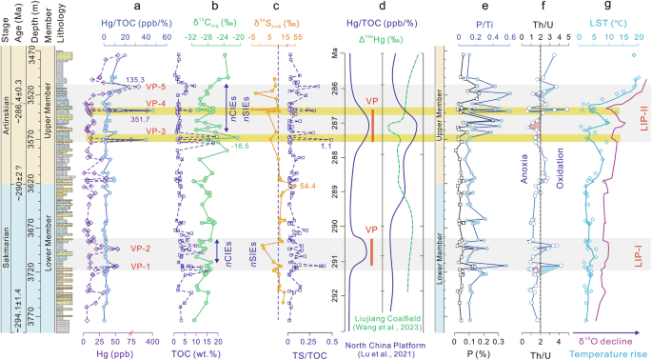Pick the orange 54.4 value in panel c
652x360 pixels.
pos(306,187)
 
